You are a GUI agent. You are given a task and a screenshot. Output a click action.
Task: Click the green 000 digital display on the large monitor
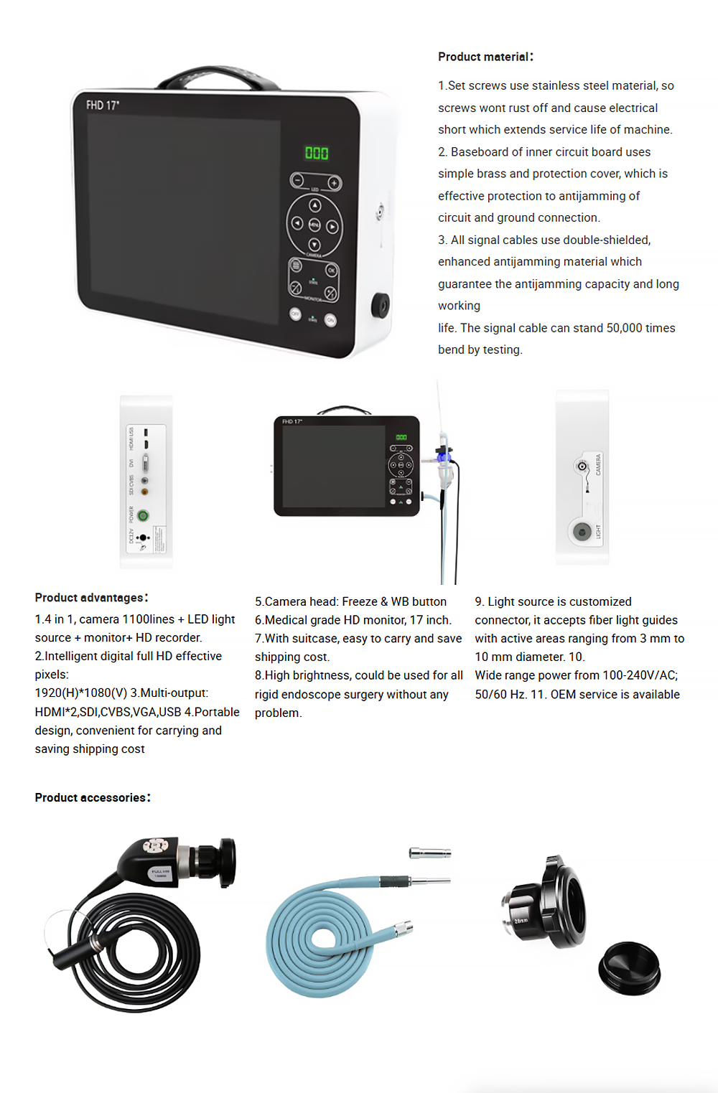317,153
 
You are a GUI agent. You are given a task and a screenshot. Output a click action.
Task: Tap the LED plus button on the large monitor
335,183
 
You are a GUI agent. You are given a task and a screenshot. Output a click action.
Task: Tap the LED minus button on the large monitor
297,180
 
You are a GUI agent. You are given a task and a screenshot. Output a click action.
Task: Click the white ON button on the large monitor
330,320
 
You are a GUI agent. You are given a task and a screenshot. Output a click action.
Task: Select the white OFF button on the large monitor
295,314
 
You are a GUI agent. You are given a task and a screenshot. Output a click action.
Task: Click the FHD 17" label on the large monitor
103,105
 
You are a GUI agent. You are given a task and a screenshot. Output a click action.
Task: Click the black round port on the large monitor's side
380,305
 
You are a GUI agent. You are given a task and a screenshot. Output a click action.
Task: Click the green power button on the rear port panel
143,515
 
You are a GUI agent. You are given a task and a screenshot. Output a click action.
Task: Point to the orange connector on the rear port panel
144,492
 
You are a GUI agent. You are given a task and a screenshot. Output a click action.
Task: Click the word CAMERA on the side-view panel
598,464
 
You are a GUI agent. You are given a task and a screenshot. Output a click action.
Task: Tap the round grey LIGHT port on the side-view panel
582,532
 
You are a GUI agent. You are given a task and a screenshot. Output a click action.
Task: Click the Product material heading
485,57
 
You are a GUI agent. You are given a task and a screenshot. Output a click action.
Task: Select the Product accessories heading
92,797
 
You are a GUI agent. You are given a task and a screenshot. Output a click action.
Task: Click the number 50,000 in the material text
624,328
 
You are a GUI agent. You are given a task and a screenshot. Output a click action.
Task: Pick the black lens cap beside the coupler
629,968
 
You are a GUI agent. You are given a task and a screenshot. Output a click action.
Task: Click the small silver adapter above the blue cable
429,853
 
